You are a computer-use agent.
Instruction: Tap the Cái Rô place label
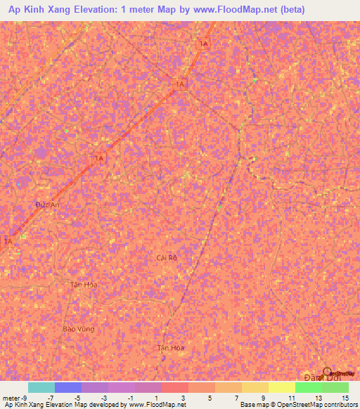click(x=167, y=258)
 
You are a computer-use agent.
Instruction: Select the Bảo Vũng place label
click(x=78, y=328)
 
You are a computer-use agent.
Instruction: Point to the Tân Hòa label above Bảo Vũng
click(x=84, y=285)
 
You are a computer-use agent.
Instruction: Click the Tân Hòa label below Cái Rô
click(x=170, y=348)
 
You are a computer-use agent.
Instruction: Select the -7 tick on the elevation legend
click(x=50, y=398)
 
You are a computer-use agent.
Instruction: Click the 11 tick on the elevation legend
click(x=291, y=398)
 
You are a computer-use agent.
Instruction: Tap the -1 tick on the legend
click(x=130, y=398)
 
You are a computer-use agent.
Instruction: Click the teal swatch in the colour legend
click(x=41, y=387)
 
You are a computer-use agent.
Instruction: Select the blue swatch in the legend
click(x=67, y=387)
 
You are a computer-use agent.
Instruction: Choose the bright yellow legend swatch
click(x=281, y=387)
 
